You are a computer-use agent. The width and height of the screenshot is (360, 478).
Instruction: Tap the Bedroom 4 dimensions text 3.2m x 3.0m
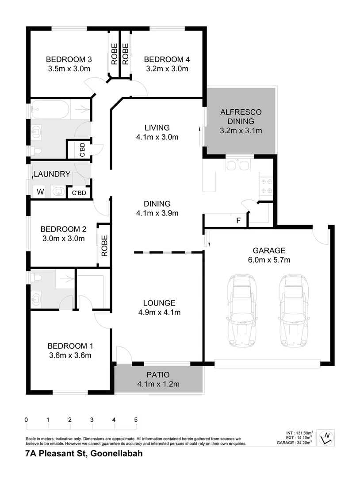pos(167,69)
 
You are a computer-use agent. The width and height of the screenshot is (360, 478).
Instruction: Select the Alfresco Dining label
pos(241,116)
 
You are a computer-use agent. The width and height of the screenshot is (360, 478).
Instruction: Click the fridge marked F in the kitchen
pos(238,220)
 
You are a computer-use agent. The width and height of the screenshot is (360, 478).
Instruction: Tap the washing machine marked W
pos(40,192)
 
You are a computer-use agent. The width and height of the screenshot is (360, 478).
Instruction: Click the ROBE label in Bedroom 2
pos(104,246)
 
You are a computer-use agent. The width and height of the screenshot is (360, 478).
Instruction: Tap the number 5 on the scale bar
pos(136,420)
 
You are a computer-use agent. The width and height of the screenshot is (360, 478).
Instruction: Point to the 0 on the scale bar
pos(27,420)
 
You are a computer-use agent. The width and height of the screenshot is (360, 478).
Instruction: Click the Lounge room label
pos(159,303)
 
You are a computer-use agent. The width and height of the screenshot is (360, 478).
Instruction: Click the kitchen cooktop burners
pos(266,185)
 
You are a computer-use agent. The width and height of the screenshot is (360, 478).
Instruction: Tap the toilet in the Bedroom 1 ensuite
pos(36,278)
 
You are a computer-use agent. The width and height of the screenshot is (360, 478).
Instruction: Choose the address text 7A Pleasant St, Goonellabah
pos(84,454)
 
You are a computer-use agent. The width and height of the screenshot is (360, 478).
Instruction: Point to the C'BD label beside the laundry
pos(79,193)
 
